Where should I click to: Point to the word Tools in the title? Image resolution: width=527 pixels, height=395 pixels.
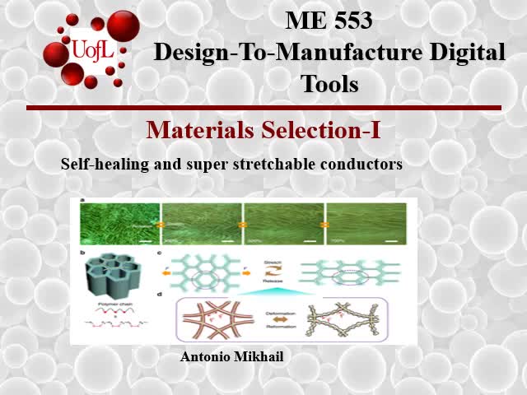[x=329, y=83]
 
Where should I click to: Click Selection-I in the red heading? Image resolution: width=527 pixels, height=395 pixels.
[x=320, y=130]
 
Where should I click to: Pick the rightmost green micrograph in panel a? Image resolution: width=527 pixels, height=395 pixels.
[x=366, y=223]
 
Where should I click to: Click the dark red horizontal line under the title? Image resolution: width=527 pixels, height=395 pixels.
[x=263, y=108]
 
